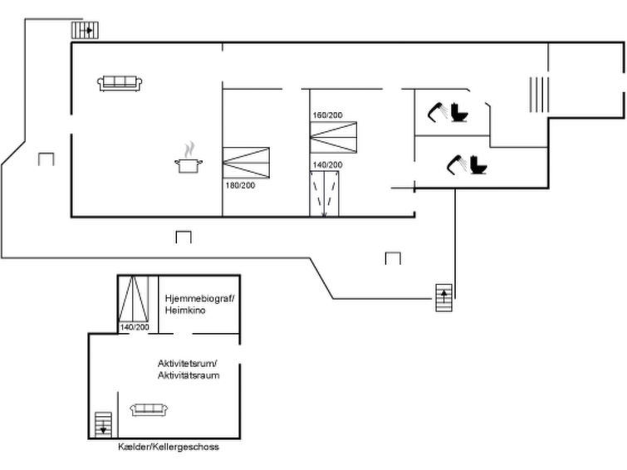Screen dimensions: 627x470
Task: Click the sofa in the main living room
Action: click(x=120, y=83)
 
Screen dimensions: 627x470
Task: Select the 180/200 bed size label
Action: click(x=240, y=185)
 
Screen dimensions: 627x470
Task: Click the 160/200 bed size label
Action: click(x=327, y=115)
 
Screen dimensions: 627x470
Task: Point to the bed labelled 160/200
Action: click(x=334, y=137)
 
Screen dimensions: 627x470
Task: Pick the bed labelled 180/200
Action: click(x=246, y=163)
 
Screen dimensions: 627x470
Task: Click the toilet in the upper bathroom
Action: click(x=459, y=112)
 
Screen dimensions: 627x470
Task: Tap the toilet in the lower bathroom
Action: click(x=478, y=164)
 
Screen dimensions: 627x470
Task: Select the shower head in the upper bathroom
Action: click(x=436, y=111)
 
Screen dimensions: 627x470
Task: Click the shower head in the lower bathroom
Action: click(x=456, y=164)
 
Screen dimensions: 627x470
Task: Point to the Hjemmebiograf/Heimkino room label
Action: click(x=199, y=304)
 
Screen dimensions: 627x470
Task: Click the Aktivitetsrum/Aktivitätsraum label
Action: click(x=189, y=370)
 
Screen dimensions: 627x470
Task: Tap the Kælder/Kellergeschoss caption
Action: click(x=169, y=447)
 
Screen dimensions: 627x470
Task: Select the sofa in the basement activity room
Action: click(x=149, y=409)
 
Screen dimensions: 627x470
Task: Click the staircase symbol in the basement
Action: click(x=103, y=424)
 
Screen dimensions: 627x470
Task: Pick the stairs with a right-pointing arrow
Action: click(x=85, y=30)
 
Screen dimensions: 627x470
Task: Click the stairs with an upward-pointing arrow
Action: click(x=443, y=297)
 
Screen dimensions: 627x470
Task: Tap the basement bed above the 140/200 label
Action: click(x=134, y=298)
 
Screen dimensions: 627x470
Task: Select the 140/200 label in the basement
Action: click(x=135, y=327)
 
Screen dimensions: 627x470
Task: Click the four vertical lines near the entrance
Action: click(x=539, y=95)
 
